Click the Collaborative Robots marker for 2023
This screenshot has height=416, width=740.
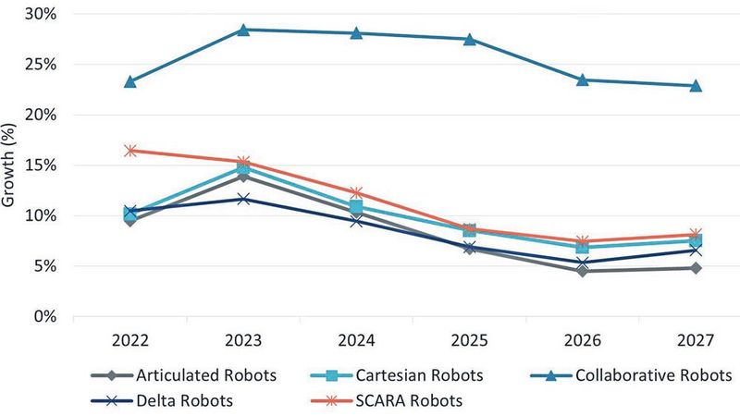click(x=243, y=30)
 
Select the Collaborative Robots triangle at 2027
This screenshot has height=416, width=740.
click(x=696, y=86)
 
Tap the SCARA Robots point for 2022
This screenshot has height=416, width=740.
click(x=130, y=151)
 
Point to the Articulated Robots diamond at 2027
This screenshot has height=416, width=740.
click(x=696, y=268)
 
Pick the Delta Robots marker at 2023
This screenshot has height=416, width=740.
click(x=243, y=199)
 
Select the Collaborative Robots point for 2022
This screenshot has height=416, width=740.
click(x=130, y=82)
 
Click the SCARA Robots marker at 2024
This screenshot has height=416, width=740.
click(x=356, y=193)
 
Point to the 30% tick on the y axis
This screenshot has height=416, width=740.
click(x=43, y=15)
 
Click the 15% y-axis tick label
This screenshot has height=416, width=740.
click(x=43, y=165)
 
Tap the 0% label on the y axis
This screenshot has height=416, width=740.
click(x=47, y=316)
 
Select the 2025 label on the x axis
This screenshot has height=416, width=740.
click(x=469, y=339)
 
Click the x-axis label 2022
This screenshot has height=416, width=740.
click(x=130, y=339)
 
